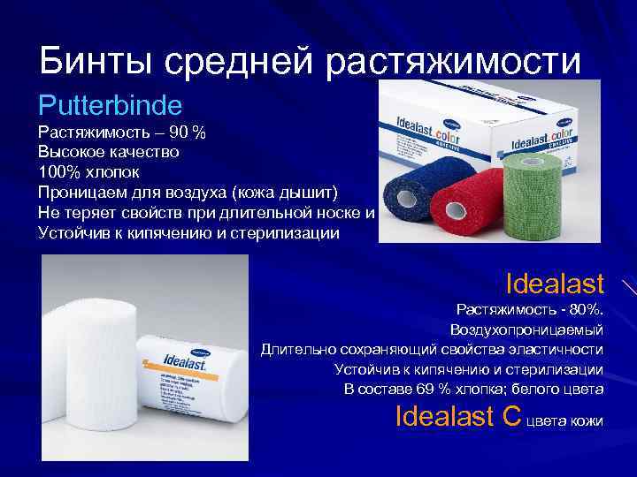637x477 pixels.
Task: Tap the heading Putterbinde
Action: [110, 106]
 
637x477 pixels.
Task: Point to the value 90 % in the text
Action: [187, 132]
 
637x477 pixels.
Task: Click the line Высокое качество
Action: [109, 152]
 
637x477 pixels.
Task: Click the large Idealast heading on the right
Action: [555, 284]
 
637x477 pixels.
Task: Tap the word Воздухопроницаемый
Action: [526, 329]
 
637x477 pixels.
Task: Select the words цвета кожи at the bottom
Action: [565, 421]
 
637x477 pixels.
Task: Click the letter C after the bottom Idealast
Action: [510, 415]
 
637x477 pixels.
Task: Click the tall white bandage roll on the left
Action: [84, 371]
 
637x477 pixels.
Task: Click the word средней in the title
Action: [238, 61]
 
